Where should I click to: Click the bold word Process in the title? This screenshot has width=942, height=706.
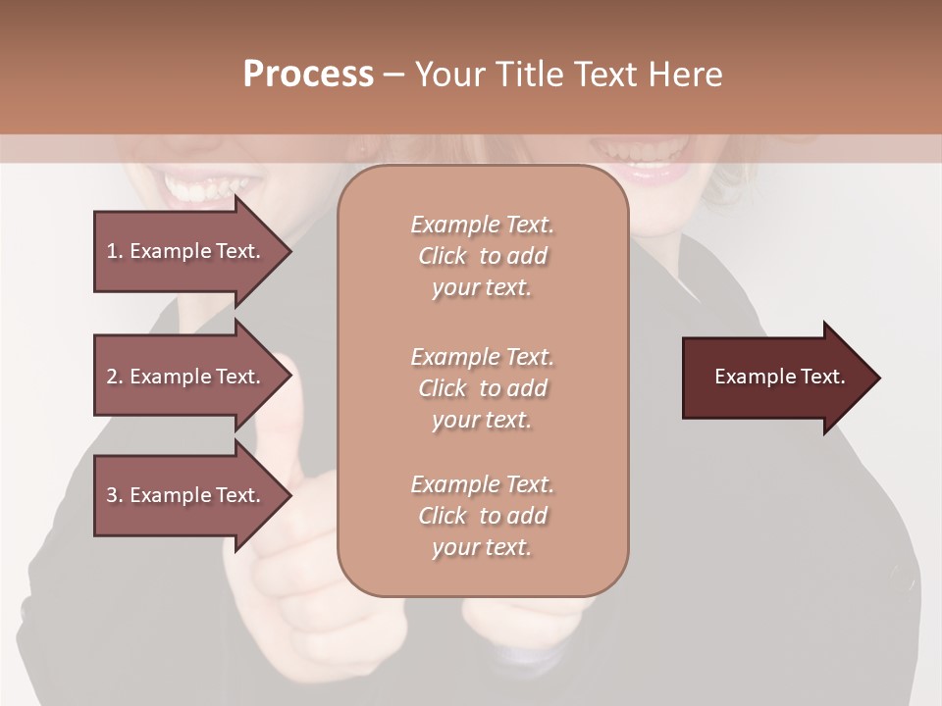click(308, 75)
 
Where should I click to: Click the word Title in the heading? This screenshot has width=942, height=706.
click(526, 75)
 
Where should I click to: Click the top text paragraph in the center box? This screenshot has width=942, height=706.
click(482, 256)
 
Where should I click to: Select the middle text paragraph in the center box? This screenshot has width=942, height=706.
click(482, 388)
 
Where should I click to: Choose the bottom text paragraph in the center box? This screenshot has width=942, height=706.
click(482, 516)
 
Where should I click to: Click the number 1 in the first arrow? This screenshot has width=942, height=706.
click(112, 251)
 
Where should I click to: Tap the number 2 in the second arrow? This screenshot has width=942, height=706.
click(112, 377)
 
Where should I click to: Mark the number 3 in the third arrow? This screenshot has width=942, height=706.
click(112, 495)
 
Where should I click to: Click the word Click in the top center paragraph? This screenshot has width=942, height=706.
click(443, 256)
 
